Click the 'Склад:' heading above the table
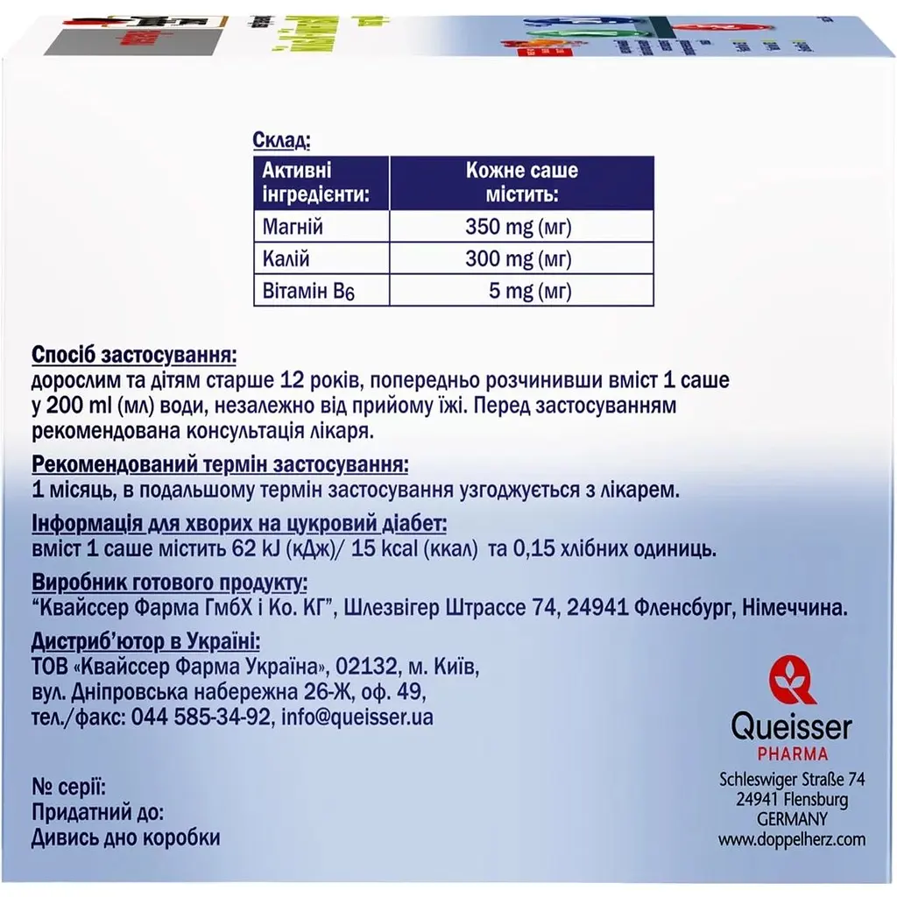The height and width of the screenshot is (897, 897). (x=280, y=141)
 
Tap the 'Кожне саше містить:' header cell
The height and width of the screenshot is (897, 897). (x=522, y=181)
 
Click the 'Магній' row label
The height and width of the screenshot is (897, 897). (x=293, y=228)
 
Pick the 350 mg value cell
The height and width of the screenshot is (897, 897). (x=519, y=228)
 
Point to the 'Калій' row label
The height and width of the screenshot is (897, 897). (x=286, y=259)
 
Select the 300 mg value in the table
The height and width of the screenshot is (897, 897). (x=519, y=259)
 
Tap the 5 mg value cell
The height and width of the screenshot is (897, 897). (x=530, y=291)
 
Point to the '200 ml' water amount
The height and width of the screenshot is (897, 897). (x=73, y=406)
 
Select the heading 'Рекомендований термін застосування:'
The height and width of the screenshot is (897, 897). (x=220, y=464)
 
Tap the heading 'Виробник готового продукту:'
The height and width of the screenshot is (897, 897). (x=169, y=583)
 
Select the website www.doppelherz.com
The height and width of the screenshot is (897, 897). (x=792, y=839)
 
